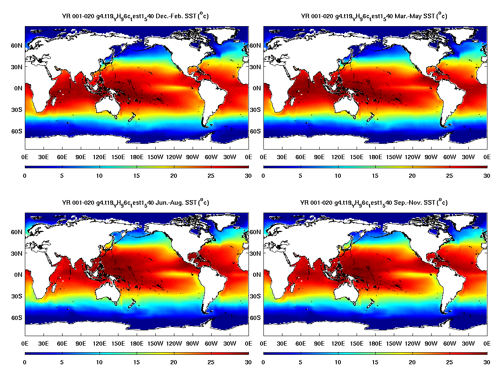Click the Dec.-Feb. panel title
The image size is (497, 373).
[135, 16]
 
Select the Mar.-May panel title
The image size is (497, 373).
[374, 16]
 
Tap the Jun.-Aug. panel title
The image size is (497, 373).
[135, 203]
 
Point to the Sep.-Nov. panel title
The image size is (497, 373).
[374, 203]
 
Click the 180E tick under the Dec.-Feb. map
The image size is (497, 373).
[137, 157]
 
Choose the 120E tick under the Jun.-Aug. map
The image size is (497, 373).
[99, 343]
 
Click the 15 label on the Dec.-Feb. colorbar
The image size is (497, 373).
[137, 176]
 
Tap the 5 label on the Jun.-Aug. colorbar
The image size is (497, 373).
[62, 362]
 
